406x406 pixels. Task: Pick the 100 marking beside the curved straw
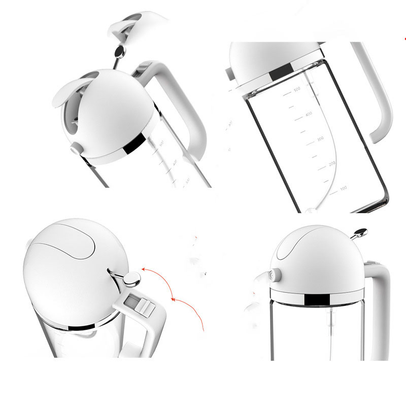click(x=343, y=188)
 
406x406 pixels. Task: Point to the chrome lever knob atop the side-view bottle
click(x=360, y=232)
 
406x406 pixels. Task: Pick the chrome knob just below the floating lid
click(x=120, y=51)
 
